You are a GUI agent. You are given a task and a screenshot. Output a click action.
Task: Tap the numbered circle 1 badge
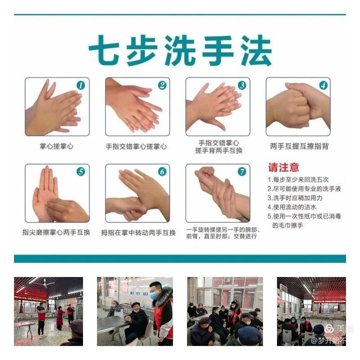(x=81, y=86)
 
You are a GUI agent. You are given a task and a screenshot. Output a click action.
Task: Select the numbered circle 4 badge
(x=323, y=86)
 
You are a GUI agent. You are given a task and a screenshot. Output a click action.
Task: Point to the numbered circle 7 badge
(x=242, y=172)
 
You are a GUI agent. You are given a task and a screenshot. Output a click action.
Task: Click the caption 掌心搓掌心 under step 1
(x=57, y=146)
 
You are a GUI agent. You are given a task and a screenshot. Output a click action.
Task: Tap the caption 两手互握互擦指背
(x=299, y=146)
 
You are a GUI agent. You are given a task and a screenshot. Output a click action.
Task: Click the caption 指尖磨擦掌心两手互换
(x=56, y=232)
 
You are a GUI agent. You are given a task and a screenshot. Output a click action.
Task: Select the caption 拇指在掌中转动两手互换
(x=138, y=233)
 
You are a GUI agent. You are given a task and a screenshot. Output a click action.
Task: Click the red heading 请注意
(x=284, y=167)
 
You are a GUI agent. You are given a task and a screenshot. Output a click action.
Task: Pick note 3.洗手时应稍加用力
(x=295, y=198)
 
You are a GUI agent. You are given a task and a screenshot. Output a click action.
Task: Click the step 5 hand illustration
(x=57, y=193)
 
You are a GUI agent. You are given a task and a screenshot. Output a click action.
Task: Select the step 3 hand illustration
(x=218, y=107)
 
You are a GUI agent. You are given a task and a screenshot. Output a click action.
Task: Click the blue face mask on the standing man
(x=154, y=296)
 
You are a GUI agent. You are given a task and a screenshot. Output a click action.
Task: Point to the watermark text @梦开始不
(x=328, y=340)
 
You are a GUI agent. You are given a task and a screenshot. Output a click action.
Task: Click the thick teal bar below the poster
(x=180, y=259)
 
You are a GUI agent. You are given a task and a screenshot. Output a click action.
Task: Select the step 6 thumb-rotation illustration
(x=137, y=193)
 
